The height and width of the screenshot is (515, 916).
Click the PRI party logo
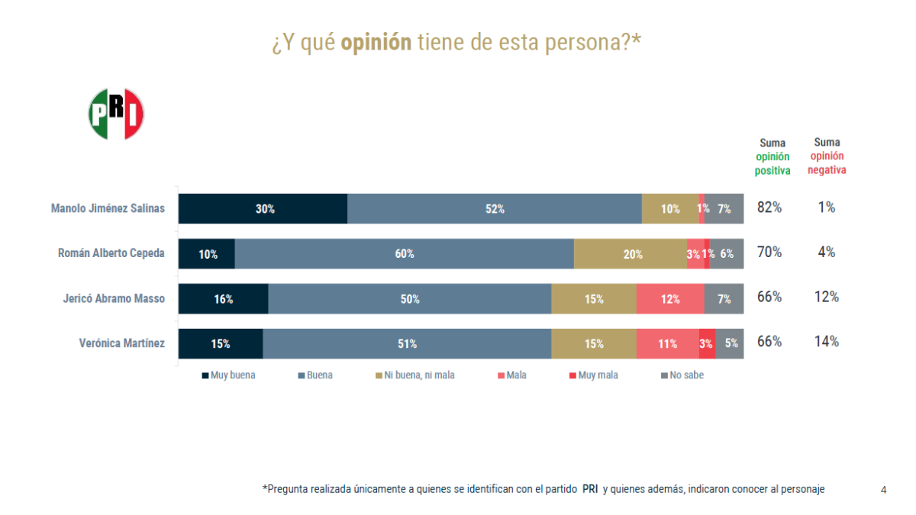[117, 114]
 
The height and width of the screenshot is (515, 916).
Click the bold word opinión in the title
[376, 43]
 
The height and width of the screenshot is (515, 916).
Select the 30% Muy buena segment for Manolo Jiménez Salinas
[263, 208]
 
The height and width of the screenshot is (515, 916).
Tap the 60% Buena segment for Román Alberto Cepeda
[404, 254]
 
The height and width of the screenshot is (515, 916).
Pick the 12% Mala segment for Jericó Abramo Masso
[670, 299]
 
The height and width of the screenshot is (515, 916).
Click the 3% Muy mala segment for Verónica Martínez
[707, 344]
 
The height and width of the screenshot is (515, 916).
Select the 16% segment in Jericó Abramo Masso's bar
[224, 299]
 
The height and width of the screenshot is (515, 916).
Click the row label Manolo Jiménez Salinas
[108, 208]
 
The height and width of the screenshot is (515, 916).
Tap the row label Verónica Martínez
[122, 343]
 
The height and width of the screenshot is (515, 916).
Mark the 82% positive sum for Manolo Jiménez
[769, 208]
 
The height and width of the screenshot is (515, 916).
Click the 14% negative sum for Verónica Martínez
[827, 342]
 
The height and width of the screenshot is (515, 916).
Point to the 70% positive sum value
[769, 252]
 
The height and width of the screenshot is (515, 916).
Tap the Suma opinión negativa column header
[827, 156]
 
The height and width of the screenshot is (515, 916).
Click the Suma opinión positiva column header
[772, 157]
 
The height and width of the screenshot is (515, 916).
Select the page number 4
[883, 490]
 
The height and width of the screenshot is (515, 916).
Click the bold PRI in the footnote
[590, 489]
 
